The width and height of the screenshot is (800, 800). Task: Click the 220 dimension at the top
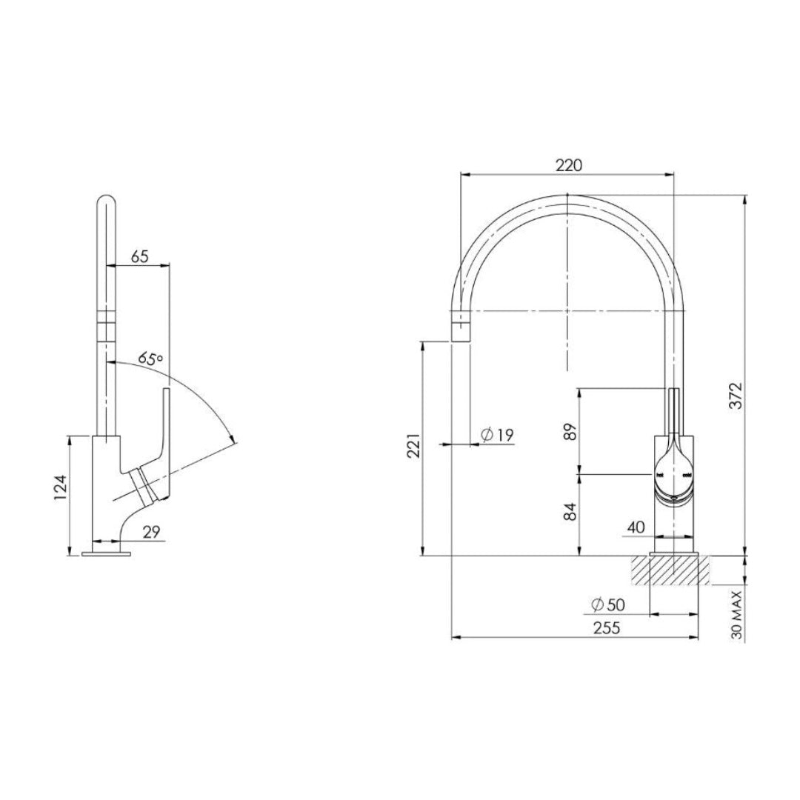click(x=568, y=165)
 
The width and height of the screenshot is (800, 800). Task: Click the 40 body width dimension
click(x=636, y=527)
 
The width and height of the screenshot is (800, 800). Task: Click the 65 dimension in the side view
click(x=140, y=256)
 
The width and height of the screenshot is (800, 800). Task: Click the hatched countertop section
click(x=670, y=571)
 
